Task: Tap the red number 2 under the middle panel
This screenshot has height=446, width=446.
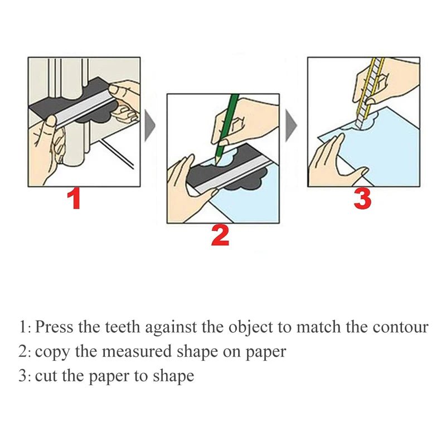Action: [x=220, y=236]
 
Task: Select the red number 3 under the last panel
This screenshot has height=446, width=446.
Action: [x=362, y=200]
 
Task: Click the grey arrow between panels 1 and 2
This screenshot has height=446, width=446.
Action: [x=149, y=125]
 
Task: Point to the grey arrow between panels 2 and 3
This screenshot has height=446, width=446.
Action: [x=291, y=125]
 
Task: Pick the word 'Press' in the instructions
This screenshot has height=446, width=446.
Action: [x=55, y=327]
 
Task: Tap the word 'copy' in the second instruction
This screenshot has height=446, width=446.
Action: [x=49, y=352]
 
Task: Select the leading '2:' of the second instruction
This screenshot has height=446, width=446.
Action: [x=25, y=351]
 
